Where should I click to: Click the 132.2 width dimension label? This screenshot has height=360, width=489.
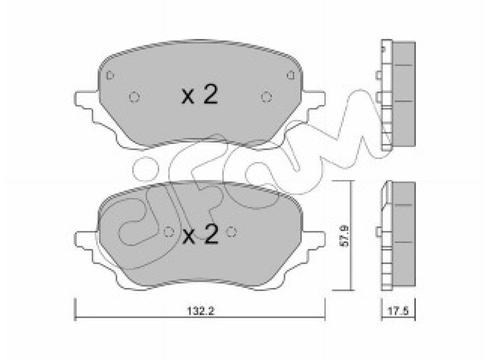click(201, 311)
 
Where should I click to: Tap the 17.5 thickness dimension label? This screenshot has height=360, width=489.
click(398, 311)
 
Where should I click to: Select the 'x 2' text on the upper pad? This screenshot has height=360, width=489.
click(200, 95)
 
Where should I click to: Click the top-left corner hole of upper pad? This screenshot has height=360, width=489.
click(110, 76)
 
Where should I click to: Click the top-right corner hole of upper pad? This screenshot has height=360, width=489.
click(291, 75)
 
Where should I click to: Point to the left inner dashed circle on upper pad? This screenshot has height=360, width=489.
click(134, 97)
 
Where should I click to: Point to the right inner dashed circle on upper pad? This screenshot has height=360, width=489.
click(266, 97)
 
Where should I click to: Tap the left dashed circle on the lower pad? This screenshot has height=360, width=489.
click(169, 231)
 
